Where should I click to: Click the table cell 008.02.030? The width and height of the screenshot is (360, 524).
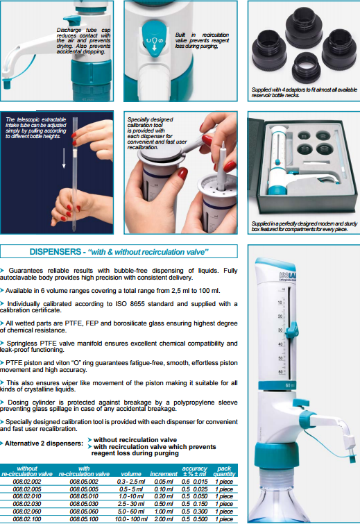(27, 504)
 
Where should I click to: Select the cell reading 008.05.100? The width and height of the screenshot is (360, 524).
(84, 519)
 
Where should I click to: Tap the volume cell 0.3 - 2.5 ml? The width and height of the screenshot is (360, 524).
(131, 482)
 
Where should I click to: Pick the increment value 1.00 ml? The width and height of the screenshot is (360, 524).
(164, 512)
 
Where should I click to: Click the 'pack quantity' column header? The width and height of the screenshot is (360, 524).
(224, 471)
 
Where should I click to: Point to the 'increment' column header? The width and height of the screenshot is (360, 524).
(164, 474)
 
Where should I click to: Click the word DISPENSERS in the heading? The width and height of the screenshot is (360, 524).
(55, 252)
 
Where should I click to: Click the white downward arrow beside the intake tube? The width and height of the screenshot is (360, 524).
(64, 158)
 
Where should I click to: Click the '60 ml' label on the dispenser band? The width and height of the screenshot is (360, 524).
(289, 385)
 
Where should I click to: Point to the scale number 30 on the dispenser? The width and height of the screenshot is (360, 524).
(280, 330)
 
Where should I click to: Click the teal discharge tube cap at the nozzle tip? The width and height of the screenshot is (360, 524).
(7, 83)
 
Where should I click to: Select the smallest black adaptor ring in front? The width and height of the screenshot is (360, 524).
(306, 68)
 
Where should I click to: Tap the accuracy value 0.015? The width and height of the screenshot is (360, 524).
(200, 482)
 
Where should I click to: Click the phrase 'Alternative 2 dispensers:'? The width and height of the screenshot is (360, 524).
(44, 443)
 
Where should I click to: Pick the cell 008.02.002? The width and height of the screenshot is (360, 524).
(27, 482)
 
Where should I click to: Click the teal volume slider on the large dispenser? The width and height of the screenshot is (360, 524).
(292, 329)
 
